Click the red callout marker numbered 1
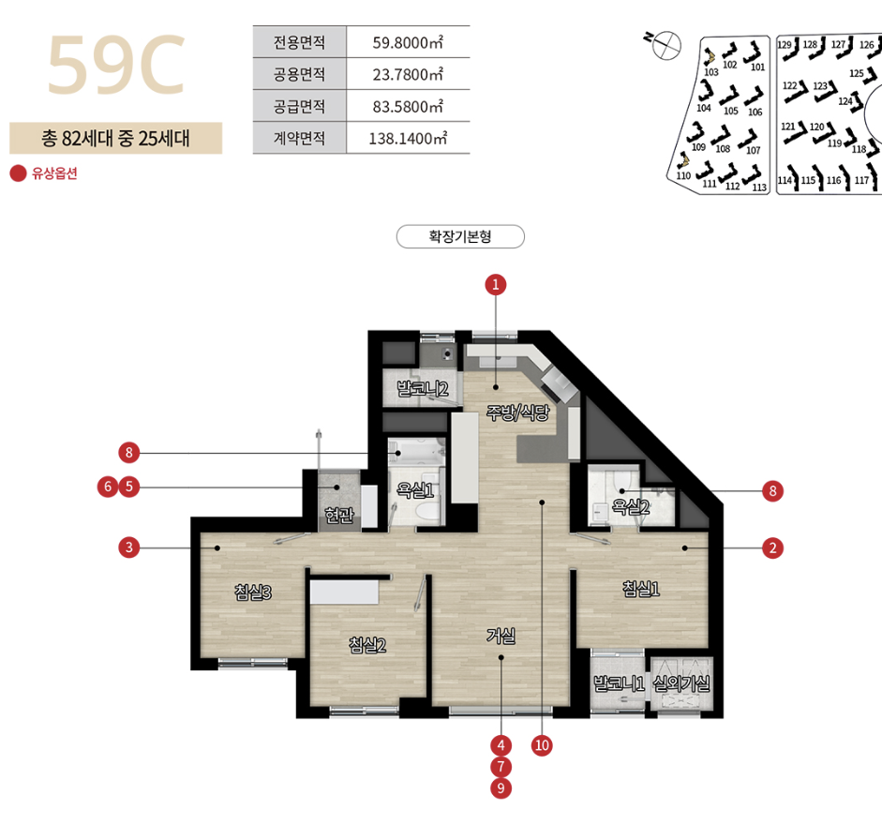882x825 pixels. tap(496, 285)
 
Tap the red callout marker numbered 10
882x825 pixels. tap(542, 745)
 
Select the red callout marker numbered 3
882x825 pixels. tap(128, 547)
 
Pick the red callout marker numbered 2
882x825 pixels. tap(772, 547)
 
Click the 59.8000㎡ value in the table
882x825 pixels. tap(408, 42)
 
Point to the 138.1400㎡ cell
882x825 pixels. tap(408, 139)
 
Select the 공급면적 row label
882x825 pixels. tap(299, 106)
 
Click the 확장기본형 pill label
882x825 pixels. tap(460, 236)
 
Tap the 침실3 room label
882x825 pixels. tap(252, 592)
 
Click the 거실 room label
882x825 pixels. tap(501, 636)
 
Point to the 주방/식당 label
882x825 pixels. tap(517, 413)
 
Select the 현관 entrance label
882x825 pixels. tap(339, 515)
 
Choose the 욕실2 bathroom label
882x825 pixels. tap(631, 507)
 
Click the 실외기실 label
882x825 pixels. tap(681, 683)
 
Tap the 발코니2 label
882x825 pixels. tap(423, 388)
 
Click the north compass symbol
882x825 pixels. tap(665, 44)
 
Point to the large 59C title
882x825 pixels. tap(116, 65)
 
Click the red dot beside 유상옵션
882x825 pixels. tap(18, 173)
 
